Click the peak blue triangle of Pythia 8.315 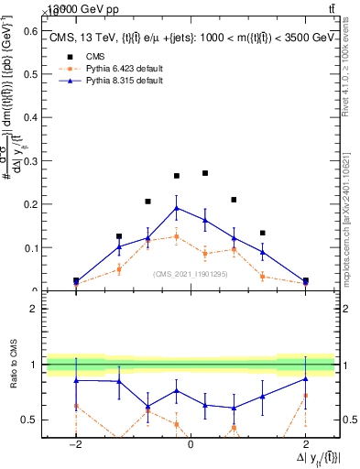[177, 208]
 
